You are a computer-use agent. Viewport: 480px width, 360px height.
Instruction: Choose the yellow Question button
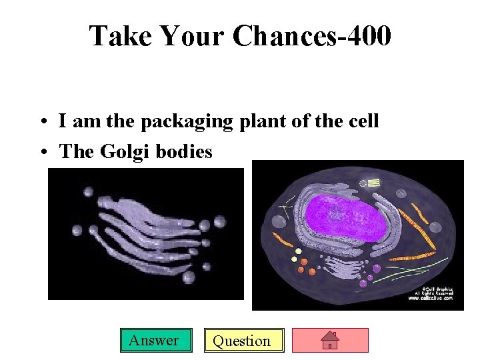pyautogui.click(x=244, y=341)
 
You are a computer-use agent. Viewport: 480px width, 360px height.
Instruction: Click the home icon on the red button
pyautogui.click(x=330, y=341)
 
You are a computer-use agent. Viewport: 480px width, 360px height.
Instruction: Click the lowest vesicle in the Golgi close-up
pyautogui.click(x=189, y=277)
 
